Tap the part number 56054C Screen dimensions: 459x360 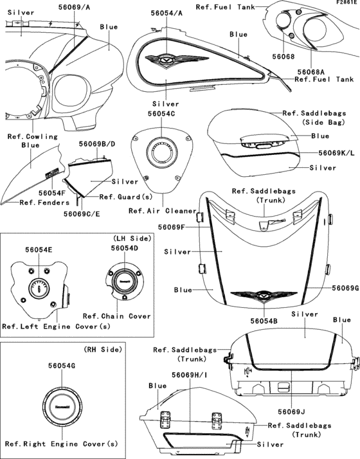click(161, 113)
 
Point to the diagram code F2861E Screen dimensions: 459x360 click(344, 3)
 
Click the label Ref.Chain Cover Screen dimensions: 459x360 click(117, 316)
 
